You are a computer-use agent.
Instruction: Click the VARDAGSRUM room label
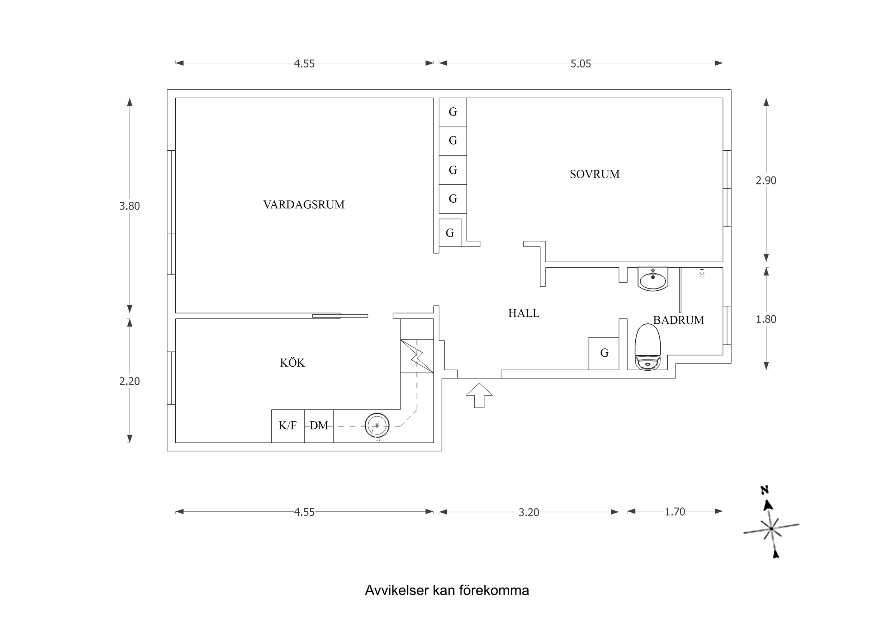tap(304, 205)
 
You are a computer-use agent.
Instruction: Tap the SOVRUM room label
tap(594, 174)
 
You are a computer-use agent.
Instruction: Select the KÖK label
tap(292, 363)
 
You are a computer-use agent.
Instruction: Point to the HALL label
tap(523, 313)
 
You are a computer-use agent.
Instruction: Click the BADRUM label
tap(678, 320)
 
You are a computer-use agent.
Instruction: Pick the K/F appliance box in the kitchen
tap(288, 426)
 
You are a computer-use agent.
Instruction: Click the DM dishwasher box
tap(319, 426)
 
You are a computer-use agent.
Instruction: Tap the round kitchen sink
tap(377, 426)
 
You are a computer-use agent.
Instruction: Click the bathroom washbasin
tap(653, 279)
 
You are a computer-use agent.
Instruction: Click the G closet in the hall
tap(604, 353)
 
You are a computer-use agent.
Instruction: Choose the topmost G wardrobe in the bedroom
tap(453, 112)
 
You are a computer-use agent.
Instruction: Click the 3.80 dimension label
tap(129, 206)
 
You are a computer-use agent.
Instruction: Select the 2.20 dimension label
tap(129, 381)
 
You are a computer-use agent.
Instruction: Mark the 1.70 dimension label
tap(675, 512)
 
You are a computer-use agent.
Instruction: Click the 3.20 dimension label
tap(528, 512)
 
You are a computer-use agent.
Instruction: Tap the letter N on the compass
tap(764, 490)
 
